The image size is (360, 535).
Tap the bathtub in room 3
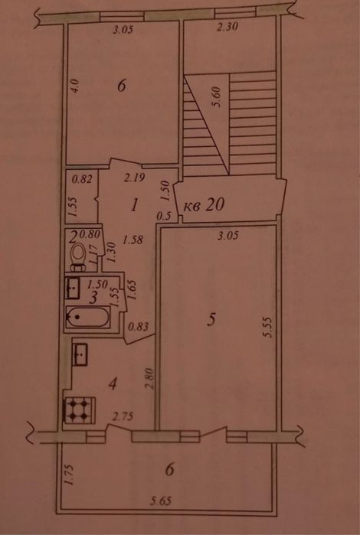88,318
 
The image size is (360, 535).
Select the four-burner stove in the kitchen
79,410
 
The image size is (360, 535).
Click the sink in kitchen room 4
80,355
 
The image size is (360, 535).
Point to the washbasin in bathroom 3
73,288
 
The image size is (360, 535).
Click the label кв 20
204,206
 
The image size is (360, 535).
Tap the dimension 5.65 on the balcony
161,501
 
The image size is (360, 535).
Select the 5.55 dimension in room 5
267,328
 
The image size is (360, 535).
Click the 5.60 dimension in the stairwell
218,97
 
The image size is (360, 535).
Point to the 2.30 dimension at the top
227,27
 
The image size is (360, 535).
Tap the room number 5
211,320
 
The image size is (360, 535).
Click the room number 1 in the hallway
135,205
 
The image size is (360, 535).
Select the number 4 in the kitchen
113,384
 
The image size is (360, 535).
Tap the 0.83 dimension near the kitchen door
139,327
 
